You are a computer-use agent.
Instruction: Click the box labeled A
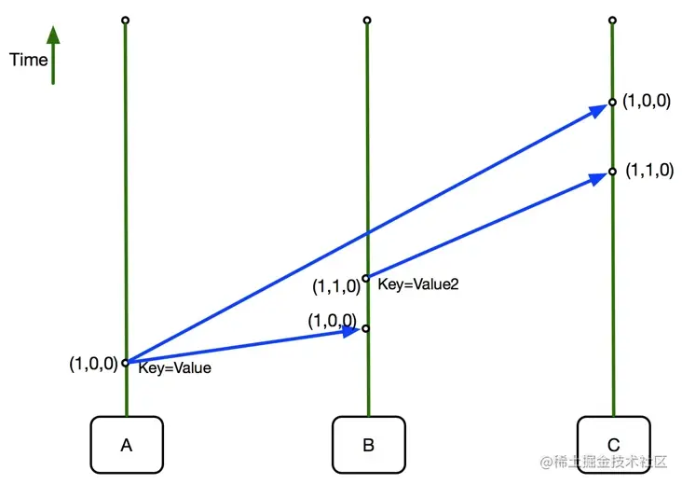pos(127,444)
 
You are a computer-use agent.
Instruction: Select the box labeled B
pos(368,444)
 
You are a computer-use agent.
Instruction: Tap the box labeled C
pos(613,444)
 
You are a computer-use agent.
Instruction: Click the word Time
pos(28,60)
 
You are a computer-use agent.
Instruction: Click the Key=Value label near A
pos(174,368)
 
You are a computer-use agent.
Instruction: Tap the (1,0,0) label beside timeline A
pos(93,364)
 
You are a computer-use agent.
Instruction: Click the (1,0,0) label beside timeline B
pos(334,320)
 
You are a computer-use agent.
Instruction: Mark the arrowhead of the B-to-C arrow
pos(598,177)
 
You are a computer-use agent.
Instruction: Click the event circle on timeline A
pos(126,363)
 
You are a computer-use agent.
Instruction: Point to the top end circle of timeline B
pos(367,20)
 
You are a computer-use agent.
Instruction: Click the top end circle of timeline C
pos(612,20)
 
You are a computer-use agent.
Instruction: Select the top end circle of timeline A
pos(125,20)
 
